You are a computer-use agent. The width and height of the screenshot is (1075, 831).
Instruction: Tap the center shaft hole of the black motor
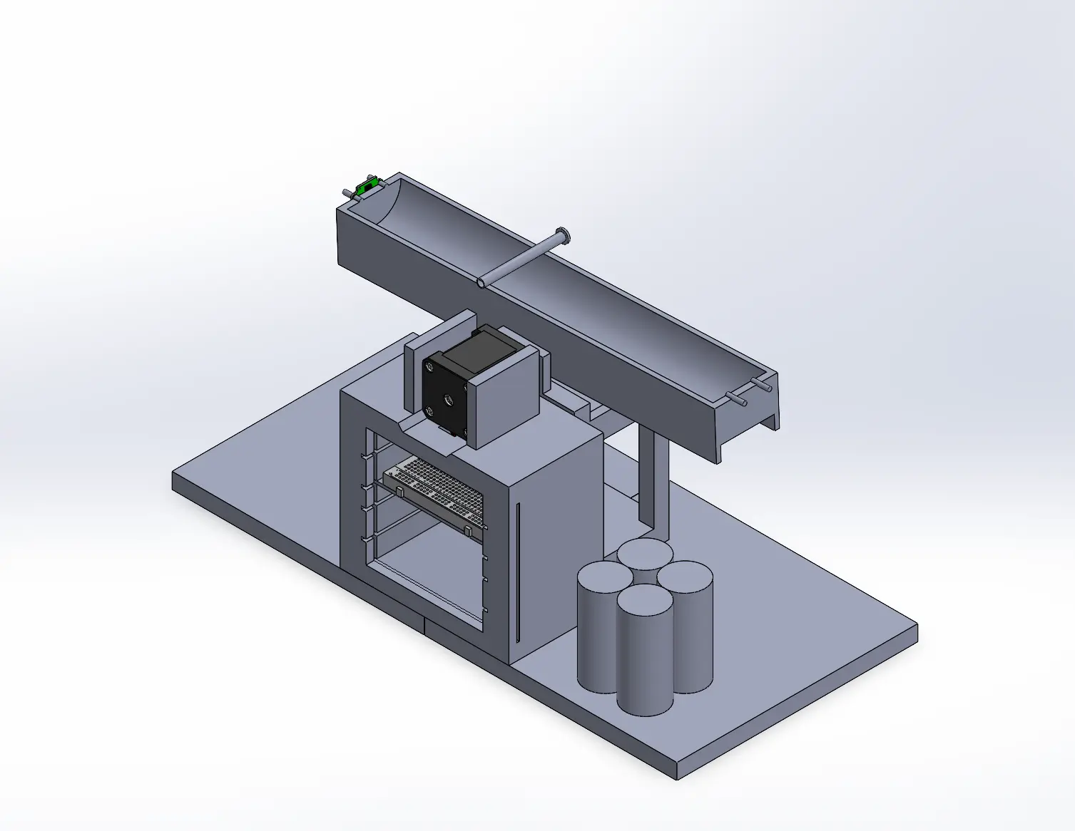pyautogui.click(x=448, y=400)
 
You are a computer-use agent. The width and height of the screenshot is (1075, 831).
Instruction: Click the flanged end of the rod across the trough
pyautogui.click(x=563, y=233)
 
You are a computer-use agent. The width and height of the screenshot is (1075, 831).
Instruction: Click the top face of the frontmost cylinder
pyautogui.click(x=644, y=600)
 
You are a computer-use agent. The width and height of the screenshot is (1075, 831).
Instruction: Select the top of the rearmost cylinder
pyautogui.click(x=645, y=552)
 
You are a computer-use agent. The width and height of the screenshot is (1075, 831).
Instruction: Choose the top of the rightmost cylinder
pyautogui.click(x=686, y=575)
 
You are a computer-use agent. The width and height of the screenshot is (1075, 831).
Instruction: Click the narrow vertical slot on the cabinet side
pyautogui.click(x=519, y=570)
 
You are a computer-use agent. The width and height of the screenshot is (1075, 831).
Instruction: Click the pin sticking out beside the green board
pyautogui.click(x=347, y=192)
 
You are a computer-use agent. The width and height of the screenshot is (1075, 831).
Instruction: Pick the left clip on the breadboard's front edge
pyautogui.click(x=399, y=491)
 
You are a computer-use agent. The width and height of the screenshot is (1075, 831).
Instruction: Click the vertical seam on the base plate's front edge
pyautogui.click(x=424, y=626)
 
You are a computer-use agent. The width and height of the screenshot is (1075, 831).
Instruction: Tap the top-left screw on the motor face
pyautogui.click(x=429, y=368)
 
